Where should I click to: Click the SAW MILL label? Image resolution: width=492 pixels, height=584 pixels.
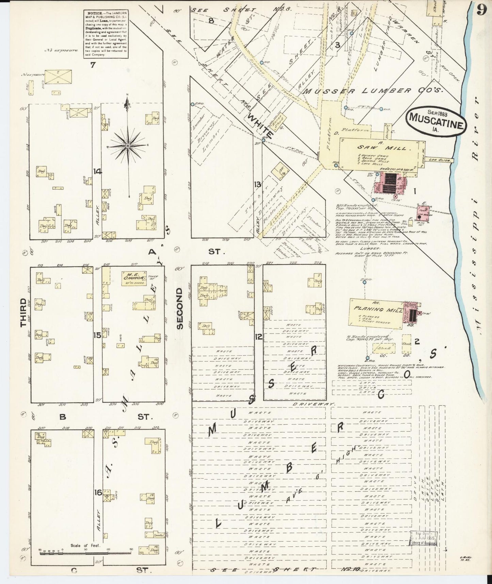coord(378,148)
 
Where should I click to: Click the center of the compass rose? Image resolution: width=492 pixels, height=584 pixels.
coord(128,146)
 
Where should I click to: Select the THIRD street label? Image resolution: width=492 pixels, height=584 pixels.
coord(23,312)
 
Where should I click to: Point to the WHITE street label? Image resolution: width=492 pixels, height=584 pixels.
coord(260,126)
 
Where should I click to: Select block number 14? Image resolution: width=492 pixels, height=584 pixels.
coord(98,171)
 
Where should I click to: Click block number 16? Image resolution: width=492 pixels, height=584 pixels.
coord(98,492)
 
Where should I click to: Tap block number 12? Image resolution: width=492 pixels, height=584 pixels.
coord(259,337)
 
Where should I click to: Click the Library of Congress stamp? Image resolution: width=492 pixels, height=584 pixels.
coord(423,541)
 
